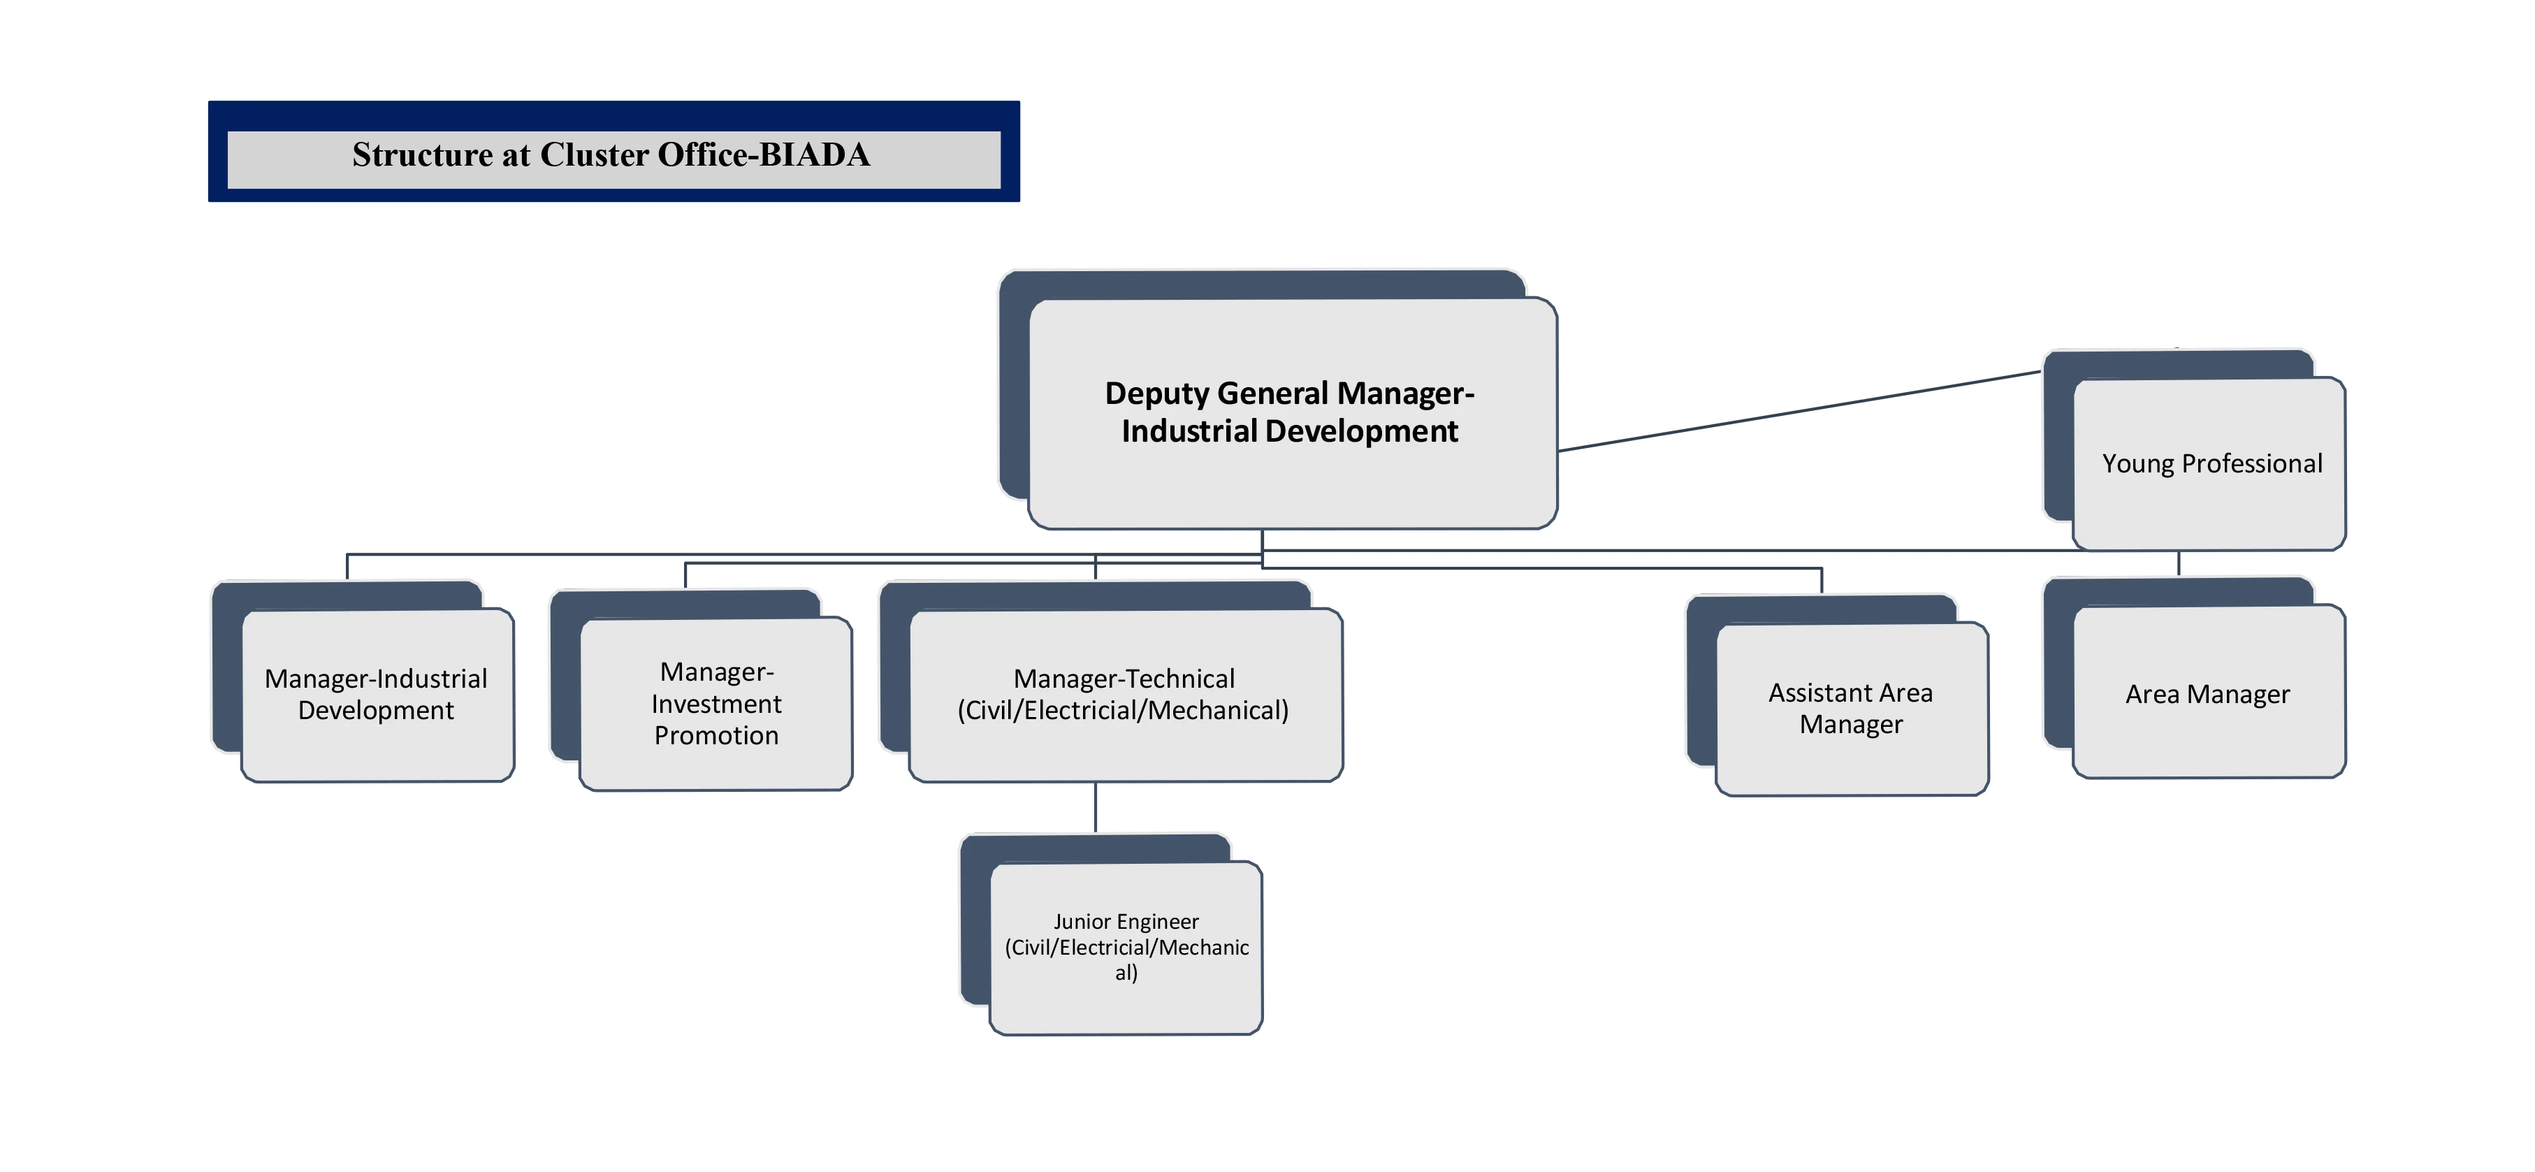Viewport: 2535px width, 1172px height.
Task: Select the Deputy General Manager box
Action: point(1291,413)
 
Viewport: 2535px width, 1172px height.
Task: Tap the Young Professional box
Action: point(2210,463)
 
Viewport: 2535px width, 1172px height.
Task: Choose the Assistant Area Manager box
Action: point(1851,709)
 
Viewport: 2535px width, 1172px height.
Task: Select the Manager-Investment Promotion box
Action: point(716,704)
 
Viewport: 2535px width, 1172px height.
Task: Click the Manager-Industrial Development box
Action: point(377,695)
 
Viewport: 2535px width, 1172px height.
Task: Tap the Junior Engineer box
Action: point(1126,948)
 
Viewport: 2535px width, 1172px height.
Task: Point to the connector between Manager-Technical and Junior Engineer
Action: point(1096,808)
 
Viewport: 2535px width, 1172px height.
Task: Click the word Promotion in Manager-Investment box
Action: point(716,736)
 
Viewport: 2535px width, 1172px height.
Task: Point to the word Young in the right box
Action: point(2137,463)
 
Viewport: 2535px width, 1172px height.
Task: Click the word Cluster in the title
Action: point(595,155)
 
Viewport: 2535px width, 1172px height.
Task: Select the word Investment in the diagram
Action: point(716,704)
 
